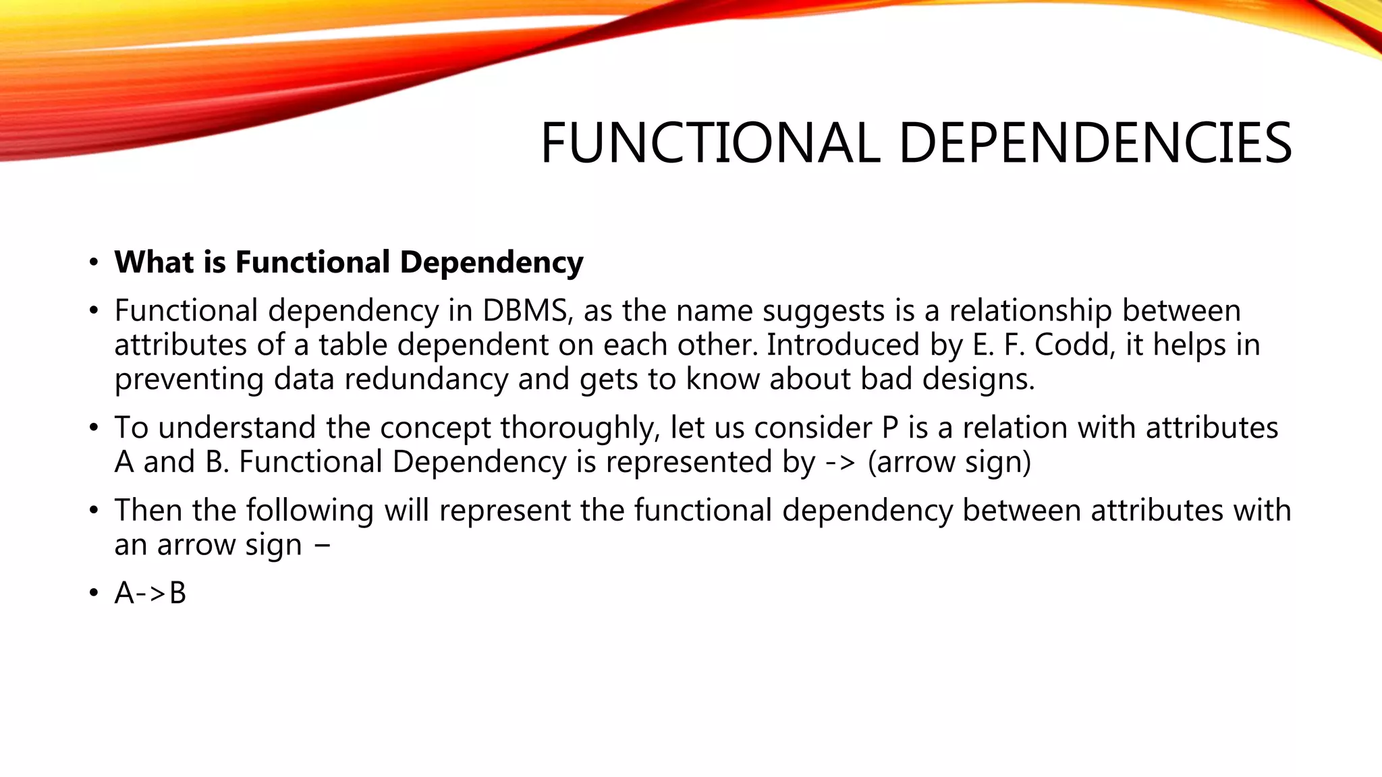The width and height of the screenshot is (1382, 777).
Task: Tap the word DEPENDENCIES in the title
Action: (x=1095, y=143)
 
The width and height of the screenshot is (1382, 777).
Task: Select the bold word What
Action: (x=148, y=262)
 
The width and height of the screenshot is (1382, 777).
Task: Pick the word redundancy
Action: (x=426, y=379)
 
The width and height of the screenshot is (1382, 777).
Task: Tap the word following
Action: (x=310, y=511)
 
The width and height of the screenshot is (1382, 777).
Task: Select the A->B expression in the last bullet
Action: (x=150, y=594)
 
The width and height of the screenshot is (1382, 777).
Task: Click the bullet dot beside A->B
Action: (x=94, y=594)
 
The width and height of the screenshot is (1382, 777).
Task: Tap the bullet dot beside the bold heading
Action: (x=94, y=262)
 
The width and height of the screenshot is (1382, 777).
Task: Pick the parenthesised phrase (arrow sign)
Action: (x=949, y=463)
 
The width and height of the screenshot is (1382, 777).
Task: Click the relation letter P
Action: (x=889, y=428)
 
